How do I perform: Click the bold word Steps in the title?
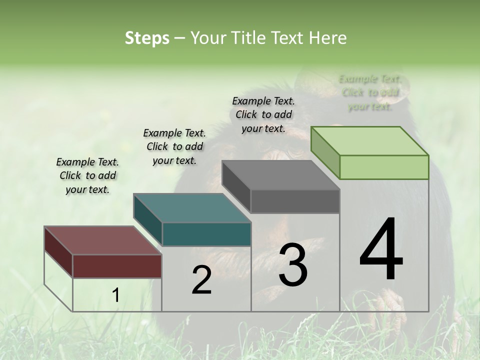(147, 38)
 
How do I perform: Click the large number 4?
(381, 249)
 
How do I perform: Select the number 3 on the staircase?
(293, 265)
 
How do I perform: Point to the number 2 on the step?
(201, 280)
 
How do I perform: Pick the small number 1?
(115, 295)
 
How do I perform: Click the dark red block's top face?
(102, 240)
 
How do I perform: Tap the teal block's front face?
(206, 234)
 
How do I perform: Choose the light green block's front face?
(384, 167)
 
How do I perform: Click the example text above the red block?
(87, 175)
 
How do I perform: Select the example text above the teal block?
(174, 146)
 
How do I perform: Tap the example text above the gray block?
(263, 114)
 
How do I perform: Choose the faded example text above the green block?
(370, 92)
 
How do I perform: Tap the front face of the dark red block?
(117, 266)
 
